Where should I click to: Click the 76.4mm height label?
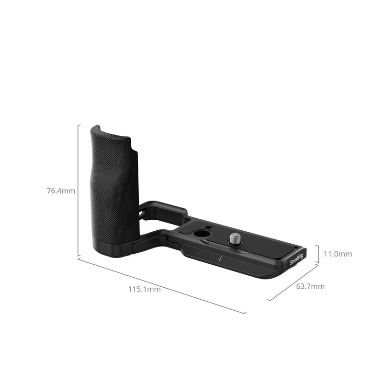point(61,191)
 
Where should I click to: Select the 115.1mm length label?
point(144,289)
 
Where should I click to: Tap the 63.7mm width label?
point(310,286)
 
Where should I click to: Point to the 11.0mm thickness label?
point(338,254)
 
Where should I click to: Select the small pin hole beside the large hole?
point(209,225)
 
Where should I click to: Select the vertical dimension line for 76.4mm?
point(78,191)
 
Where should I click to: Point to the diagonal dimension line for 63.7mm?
point(293,282)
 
